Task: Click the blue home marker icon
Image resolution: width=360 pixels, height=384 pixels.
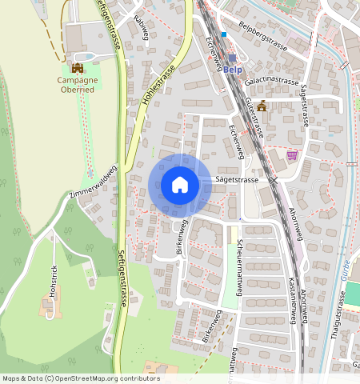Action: (180, 185)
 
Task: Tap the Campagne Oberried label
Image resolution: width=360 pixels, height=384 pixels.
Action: (77, 85)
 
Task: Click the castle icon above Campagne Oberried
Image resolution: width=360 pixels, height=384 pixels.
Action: (78, 69)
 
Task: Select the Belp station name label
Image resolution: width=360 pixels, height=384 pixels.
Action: (233, 70)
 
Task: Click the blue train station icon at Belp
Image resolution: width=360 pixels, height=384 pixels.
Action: (233, 58)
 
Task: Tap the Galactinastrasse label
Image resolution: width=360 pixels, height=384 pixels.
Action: (272, 82)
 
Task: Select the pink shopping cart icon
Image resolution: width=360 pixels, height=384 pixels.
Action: (293, 155)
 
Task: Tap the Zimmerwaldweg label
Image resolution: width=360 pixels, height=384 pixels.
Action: (94, 182)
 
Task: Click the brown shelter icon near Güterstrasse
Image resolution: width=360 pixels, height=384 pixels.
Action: (261, 106)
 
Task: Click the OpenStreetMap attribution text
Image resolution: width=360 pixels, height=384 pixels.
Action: (81, 378)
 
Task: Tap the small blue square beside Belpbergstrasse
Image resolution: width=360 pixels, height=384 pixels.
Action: (226, 34)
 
